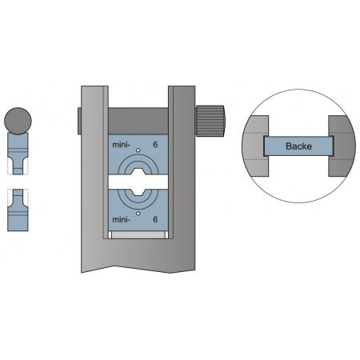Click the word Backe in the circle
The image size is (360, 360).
[x=298, y=146]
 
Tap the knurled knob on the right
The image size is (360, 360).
[x=210, y=120]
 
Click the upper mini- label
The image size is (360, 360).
[x=122, y=145]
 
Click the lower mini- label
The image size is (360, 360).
[x=122, y=220]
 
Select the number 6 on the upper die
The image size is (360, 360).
[x=155, y=145]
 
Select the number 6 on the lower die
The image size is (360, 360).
[x=155, y=219]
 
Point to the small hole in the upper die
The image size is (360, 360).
[x=138, y=150]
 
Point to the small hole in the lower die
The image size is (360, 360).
[x=138, y=213]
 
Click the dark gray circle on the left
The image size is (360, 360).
[x=18, y=121]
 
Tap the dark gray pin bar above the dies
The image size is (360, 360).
[x=138, y=121]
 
